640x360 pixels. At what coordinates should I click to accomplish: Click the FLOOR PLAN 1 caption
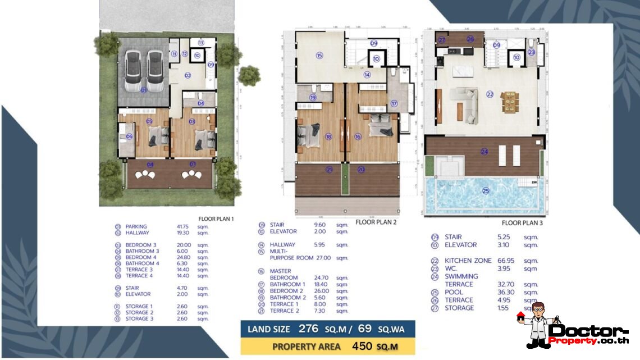tap(216, 218)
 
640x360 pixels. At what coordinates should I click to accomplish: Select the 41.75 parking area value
tap(184, 227)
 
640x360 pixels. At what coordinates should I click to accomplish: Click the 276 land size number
tap(308, 329)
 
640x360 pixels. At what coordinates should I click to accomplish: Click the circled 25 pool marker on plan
tap(486, 191)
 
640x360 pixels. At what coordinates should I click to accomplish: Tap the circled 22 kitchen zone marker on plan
tap(490, 95)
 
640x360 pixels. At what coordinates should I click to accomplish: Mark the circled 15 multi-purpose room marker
tap(319, 56)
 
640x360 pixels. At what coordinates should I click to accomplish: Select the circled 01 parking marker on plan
tap(144, 90)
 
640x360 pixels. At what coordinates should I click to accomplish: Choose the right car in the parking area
tap(155, 70)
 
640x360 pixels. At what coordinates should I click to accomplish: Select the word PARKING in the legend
tap(136, 227)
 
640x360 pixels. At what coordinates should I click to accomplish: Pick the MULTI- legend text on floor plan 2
tap(280, 252)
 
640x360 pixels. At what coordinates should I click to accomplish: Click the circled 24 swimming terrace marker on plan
tap(484, 151)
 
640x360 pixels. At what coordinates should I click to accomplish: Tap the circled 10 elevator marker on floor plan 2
tap(376, 58)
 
